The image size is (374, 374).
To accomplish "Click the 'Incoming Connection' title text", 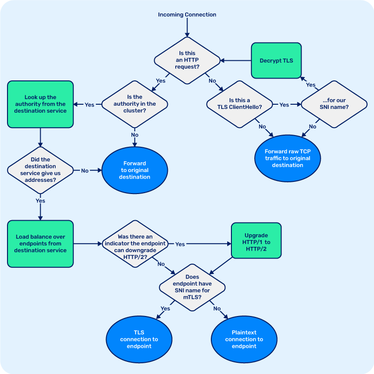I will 187,14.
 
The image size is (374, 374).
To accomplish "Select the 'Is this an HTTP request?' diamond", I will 187,60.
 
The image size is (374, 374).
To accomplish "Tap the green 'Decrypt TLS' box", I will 276,60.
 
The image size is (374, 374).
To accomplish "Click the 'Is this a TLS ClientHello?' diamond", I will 239,104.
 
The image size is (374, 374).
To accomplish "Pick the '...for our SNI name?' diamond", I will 334,104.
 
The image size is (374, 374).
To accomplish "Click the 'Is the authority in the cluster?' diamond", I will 135,104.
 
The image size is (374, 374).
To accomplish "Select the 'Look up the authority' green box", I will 40,104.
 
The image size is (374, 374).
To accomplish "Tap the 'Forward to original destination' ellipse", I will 135,170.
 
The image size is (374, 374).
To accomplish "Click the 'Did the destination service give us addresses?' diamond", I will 40,170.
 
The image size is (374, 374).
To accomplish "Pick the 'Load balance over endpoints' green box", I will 40,244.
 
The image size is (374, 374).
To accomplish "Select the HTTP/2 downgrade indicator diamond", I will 135,244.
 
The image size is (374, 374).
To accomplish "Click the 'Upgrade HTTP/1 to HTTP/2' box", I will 257,240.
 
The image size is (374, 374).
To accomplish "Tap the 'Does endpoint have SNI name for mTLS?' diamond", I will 193,287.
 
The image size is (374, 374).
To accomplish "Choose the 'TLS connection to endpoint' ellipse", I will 139,339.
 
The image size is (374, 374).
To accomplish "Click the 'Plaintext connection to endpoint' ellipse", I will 244,339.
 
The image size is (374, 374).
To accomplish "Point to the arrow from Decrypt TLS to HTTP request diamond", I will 236,60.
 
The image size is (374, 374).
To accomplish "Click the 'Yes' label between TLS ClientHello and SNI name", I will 284,105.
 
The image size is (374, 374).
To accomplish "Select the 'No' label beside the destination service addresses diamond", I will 85,171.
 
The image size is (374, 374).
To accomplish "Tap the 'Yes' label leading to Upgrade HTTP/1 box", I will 180,244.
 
